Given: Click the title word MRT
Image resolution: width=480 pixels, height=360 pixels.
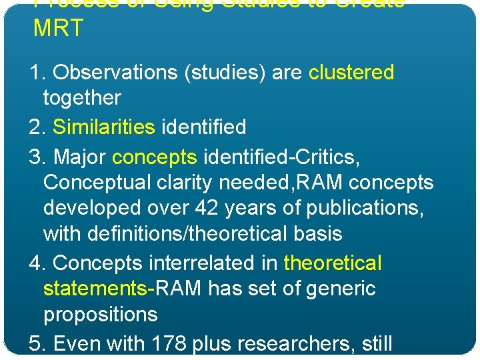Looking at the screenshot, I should point(58,28).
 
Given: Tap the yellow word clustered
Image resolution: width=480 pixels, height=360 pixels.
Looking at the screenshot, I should point(351,72).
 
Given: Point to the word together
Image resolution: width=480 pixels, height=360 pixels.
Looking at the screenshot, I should point(82,98).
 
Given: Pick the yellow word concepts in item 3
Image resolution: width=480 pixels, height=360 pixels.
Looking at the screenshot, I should point(155,157).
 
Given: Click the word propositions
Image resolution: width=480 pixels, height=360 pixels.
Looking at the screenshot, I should point(100,315).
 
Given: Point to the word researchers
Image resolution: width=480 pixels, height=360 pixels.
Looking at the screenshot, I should point(297,344).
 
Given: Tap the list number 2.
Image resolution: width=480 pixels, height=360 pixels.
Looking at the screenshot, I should point(36,127).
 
